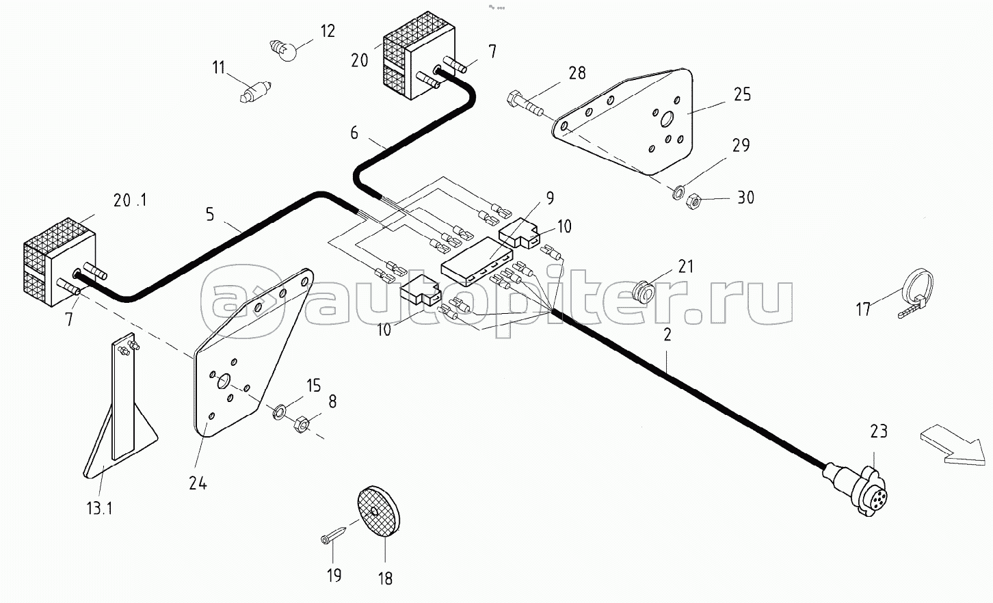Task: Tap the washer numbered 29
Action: click(x=677, y=192)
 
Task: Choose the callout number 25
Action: click(x=742, y=94)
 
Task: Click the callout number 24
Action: click(x=198, y=483)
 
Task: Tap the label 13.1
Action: click(x=99, y=509)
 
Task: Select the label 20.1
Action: click(x=130, y=201)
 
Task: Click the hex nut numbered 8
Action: click(x=301, y=424)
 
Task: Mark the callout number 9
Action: click(x=549, y=198)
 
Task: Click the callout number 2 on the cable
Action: click(x=667, y=334)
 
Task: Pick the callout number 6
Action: click(x=354, y=132)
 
